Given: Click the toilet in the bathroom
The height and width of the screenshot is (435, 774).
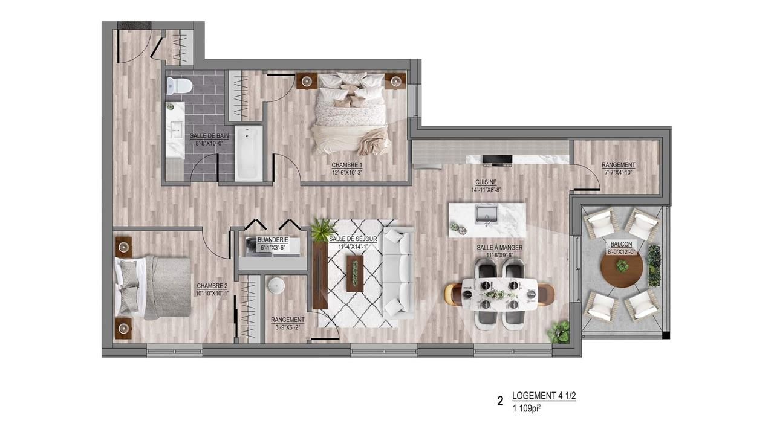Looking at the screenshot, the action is (180, 85).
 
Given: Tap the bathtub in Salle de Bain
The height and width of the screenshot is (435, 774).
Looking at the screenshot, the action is (249, 153).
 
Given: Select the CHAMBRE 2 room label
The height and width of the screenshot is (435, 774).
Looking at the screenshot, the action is (212, 286).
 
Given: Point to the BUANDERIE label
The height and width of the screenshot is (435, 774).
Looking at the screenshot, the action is (273, 240).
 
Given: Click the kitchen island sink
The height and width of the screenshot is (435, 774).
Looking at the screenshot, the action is (487, 214).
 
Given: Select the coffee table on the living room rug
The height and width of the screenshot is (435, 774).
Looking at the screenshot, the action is (355, 274).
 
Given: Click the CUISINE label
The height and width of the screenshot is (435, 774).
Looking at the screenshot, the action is (486, 182).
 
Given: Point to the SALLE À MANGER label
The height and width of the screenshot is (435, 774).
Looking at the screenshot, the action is (499, 248).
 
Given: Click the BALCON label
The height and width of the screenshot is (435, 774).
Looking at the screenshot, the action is (621, 245).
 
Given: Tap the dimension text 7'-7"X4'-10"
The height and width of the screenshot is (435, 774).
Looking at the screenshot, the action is (618, 172).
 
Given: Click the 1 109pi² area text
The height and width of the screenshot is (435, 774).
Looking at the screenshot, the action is (526, 409).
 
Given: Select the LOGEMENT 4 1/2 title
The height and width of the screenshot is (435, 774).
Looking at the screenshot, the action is (544, 396).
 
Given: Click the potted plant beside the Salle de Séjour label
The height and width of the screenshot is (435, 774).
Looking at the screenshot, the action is (324, 229).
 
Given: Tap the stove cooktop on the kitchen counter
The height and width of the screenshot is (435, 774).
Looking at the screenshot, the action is (497, 160).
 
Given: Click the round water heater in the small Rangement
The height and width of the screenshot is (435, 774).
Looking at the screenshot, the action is (276, 286).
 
